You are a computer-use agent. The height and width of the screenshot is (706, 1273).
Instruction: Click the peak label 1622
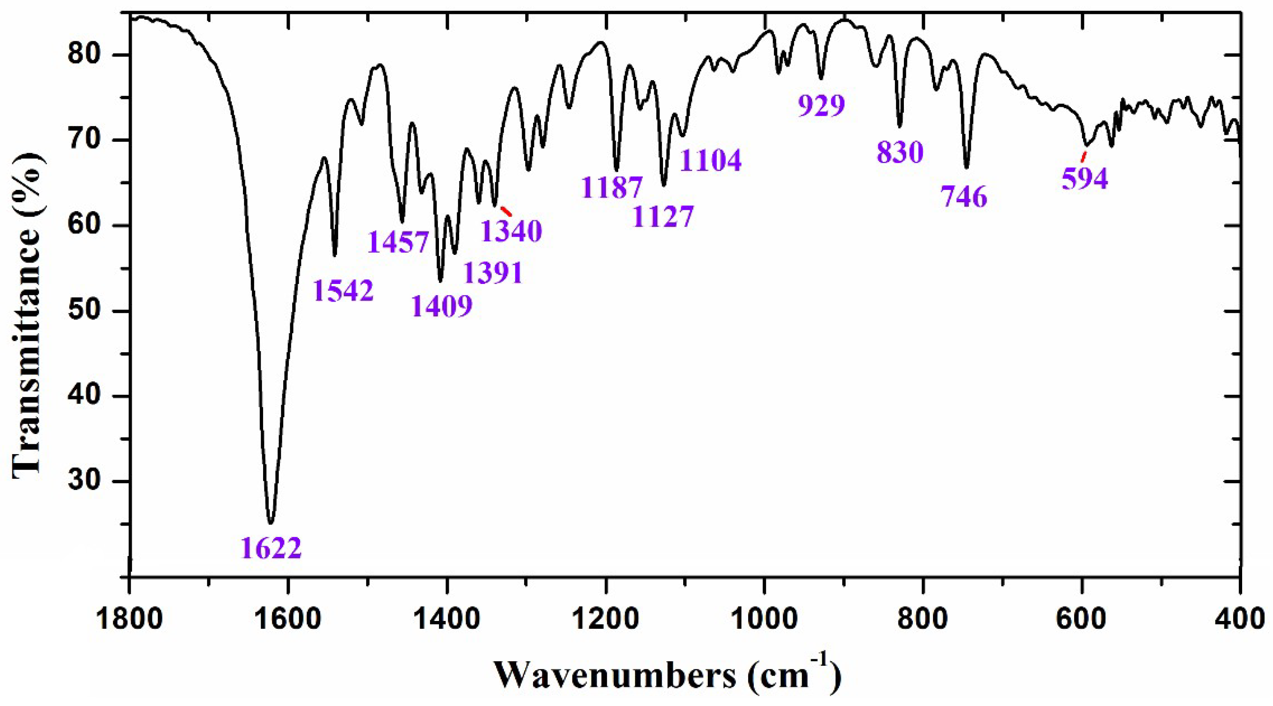[271, 548]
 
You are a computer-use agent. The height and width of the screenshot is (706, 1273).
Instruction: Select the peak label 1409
[442, 306]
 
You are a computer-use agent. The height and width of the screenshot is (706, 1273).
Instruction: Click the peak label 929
[821, 105]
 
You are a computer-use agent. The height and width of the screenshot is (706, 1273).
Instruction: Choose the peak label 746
[963, 197]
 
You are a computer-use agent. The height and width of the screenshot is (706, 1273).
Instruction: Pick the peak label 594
[1085, 179]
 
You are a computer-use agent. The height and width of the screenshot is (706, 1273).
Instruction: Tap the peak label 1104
[711, 159]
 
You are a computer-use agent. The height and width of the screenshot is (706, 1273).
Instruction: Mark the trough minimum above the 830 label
[900, 127]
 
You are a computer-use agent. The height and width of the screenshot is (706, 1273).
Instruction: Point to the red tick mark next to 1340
[506, 211]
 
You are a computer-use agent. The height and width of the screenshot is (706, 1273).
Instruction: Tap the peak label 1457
[398, 242]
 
